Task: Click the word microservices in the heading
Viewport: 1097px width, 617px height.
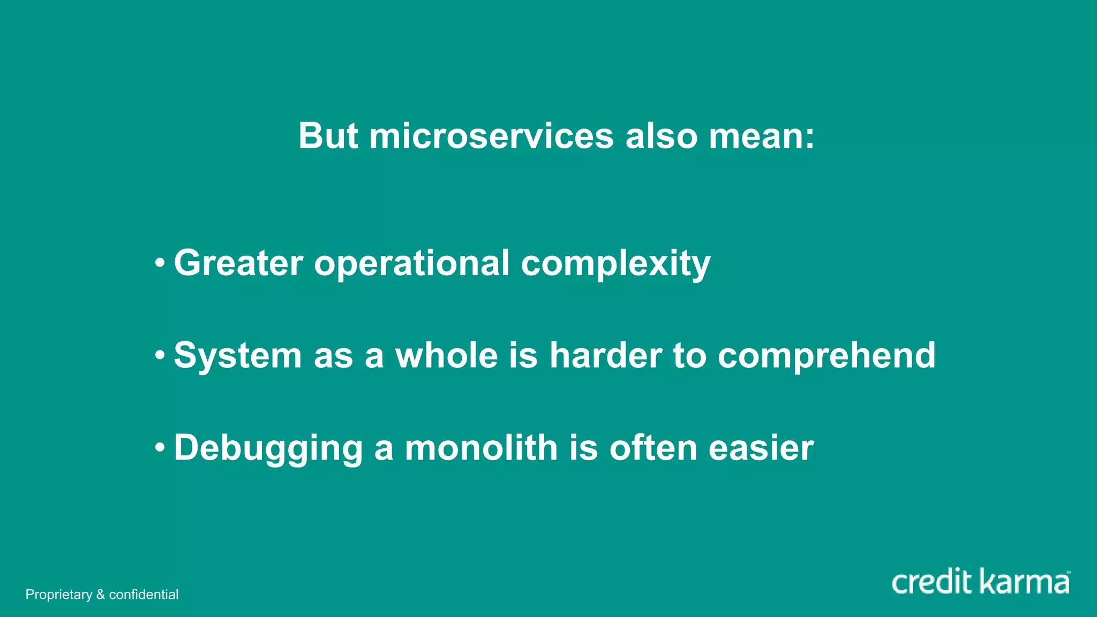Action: point(491,136)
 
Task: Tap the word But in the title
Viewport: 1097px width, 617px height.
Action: point(328,136)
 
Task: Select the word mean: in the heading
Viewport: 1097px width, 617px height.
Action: point(761,136)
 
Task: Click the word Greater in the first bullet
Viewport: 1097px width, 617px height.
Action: point(238,263)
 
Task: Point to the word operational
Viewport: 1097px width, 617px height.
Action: point(411,263)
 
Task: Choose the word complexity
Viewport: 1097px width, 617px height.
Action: point(615,264)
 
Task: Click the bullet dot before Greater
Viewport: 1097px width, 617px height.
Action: point(159,263)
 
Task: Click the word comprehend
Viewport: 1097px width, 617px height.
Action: point(826,356)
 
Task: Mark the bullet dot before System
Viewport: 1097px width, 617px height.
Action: point(159,355)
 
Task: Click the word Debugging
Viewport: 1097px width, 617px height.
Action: point(268,448)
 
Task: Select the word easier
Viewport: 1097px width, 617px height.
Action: point(761,448)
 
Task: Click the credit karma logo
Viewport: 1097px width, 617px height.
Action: point(980,582)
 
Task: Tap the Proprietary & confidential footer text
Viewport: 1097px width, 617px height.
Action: point(102,595)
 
